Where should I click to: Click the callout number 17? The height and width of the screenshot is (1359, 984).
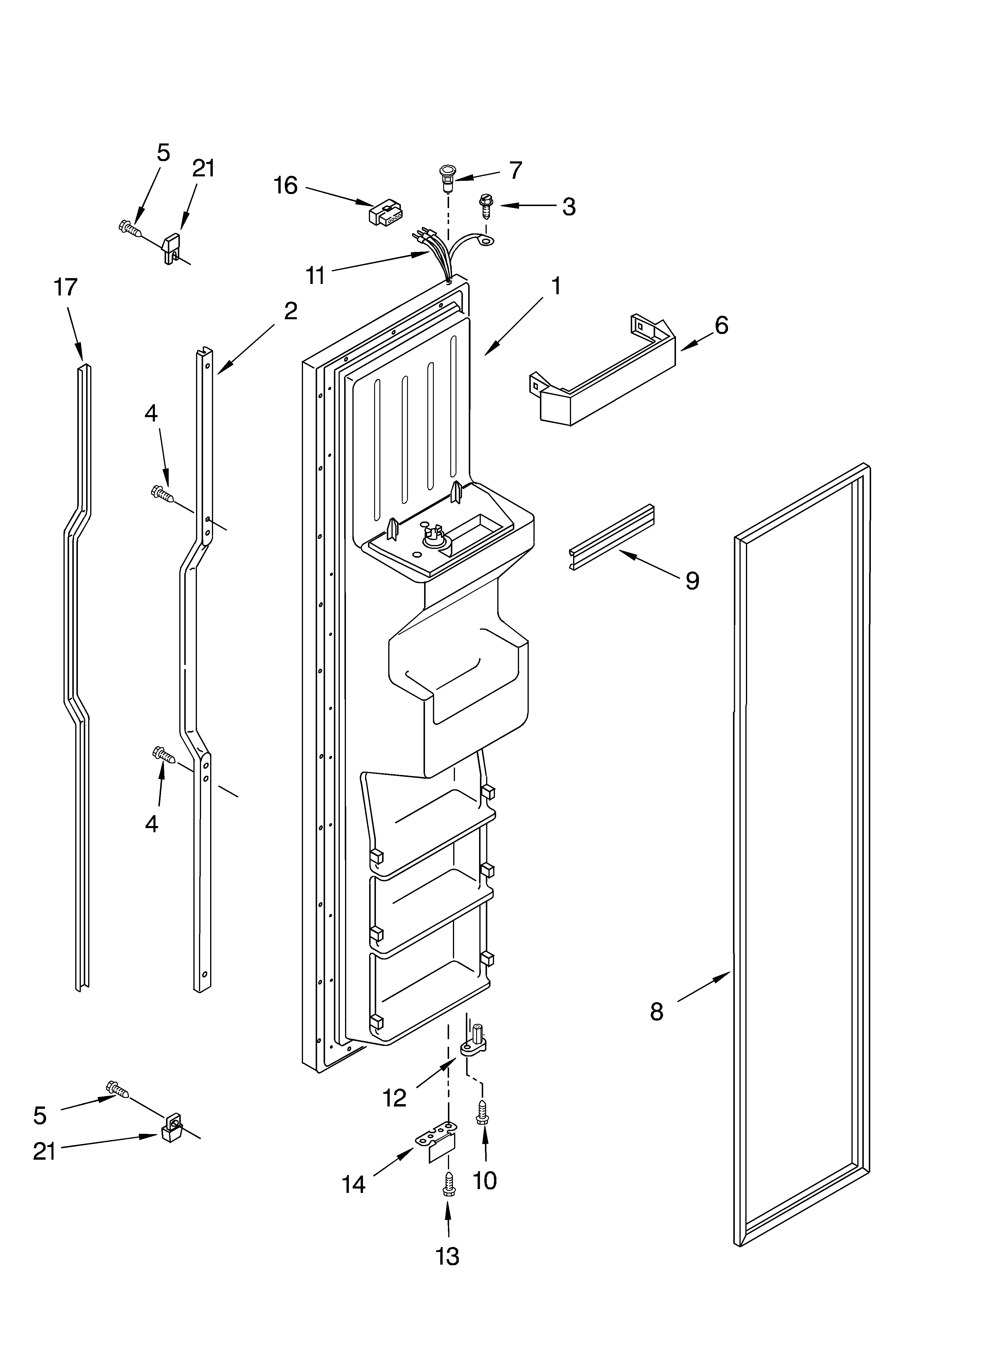(66, 287)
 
